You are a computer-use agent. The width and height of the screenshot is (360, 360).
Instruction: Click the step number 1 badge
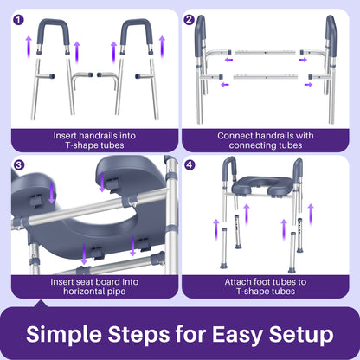click(x=20, y=19)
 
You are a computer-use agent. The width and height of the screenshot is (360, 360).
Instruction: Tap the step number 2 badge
click(x=191, y=19)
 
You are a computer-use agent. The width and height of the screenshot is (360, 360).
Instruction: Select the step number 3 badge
click(x=20, y=164)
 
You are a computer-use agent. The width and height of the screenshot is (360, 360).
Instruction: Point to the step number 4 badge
click(x=191, y=164)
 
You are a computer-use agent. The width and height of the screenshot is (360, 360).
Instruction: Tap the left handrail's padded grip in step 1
click(x=51, y=31)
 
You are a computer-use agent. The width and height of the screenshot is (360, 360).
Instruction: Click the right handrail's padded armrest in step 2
click(x=330, y=35)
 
